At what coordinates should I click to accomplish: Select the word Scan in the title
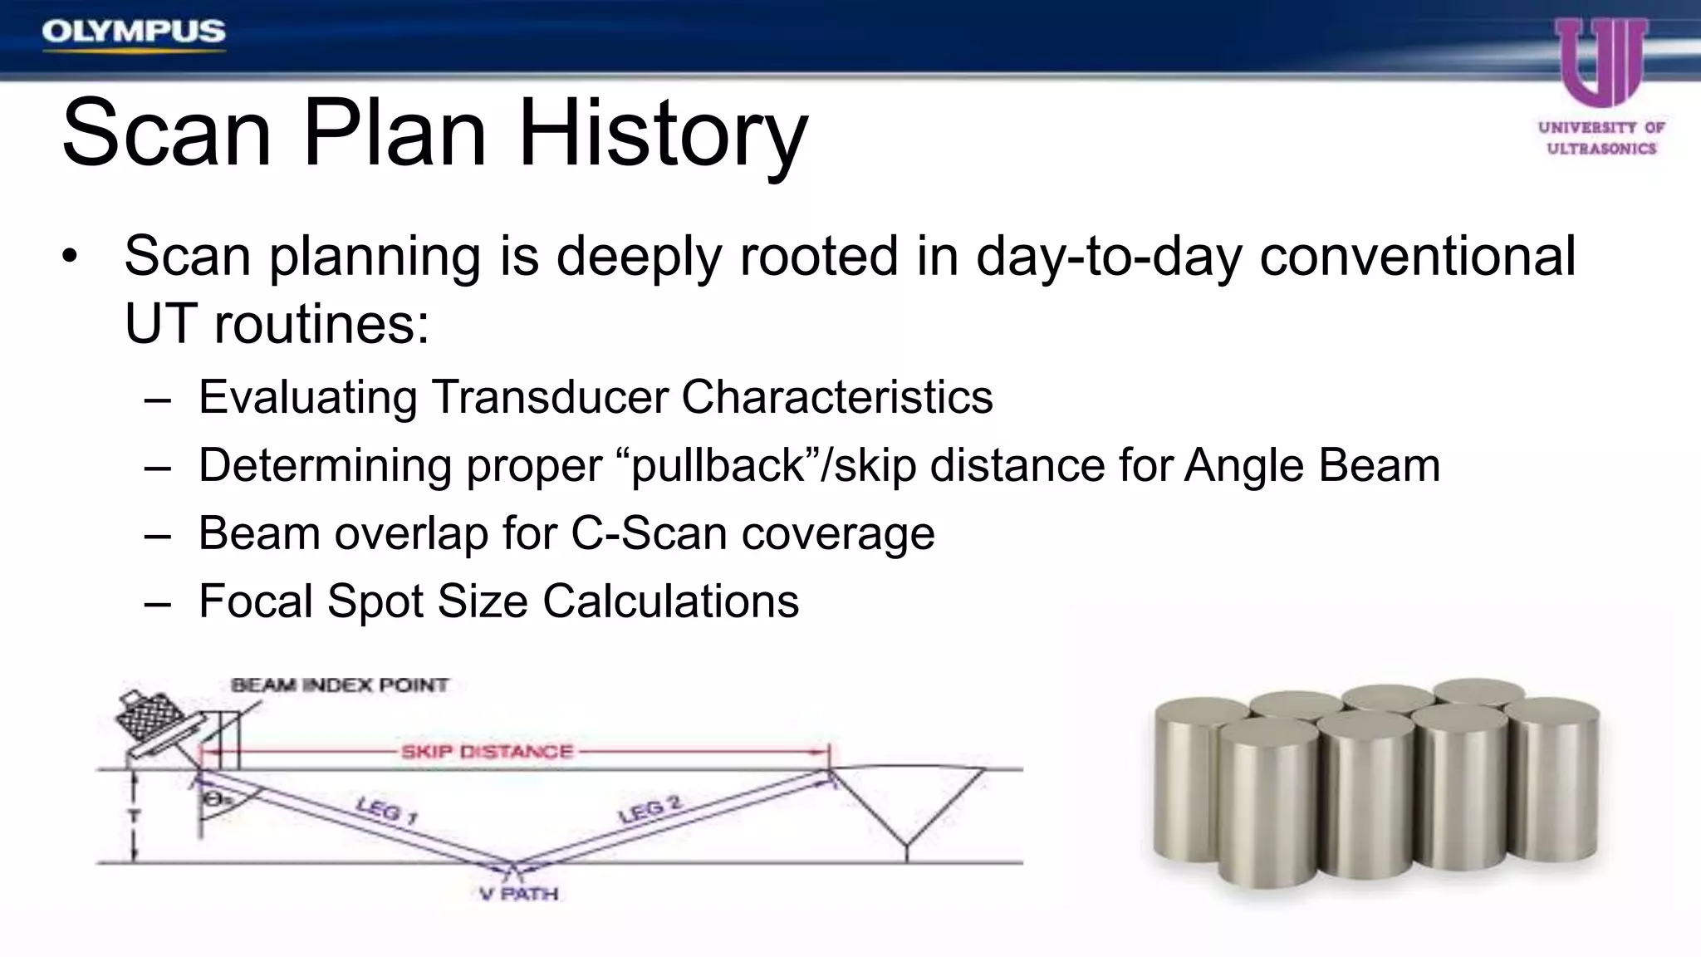[166, 133]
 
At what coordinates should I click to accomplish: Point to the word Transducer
[549, 397]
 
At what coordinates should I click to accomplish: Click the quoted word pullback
[719, 465]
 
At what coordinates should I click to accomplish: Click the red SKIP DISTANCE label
[487, 752]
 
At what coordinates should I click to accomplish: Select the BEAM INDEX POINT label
[339, 685]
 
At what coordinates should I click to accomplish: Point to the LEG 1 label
[386, 809]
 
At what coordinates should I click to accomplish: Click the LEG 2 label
[650, 809]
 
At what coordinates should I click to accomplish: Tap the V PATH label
[519, 894]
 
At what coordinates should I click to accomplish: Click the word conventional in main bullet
[1417, 256]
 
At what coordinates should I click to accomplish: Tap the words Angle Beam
[1312, 465]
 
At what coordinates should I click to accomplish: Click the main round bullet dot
[70, 258]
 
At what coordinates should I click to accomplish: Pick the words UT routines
[277, 324]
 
